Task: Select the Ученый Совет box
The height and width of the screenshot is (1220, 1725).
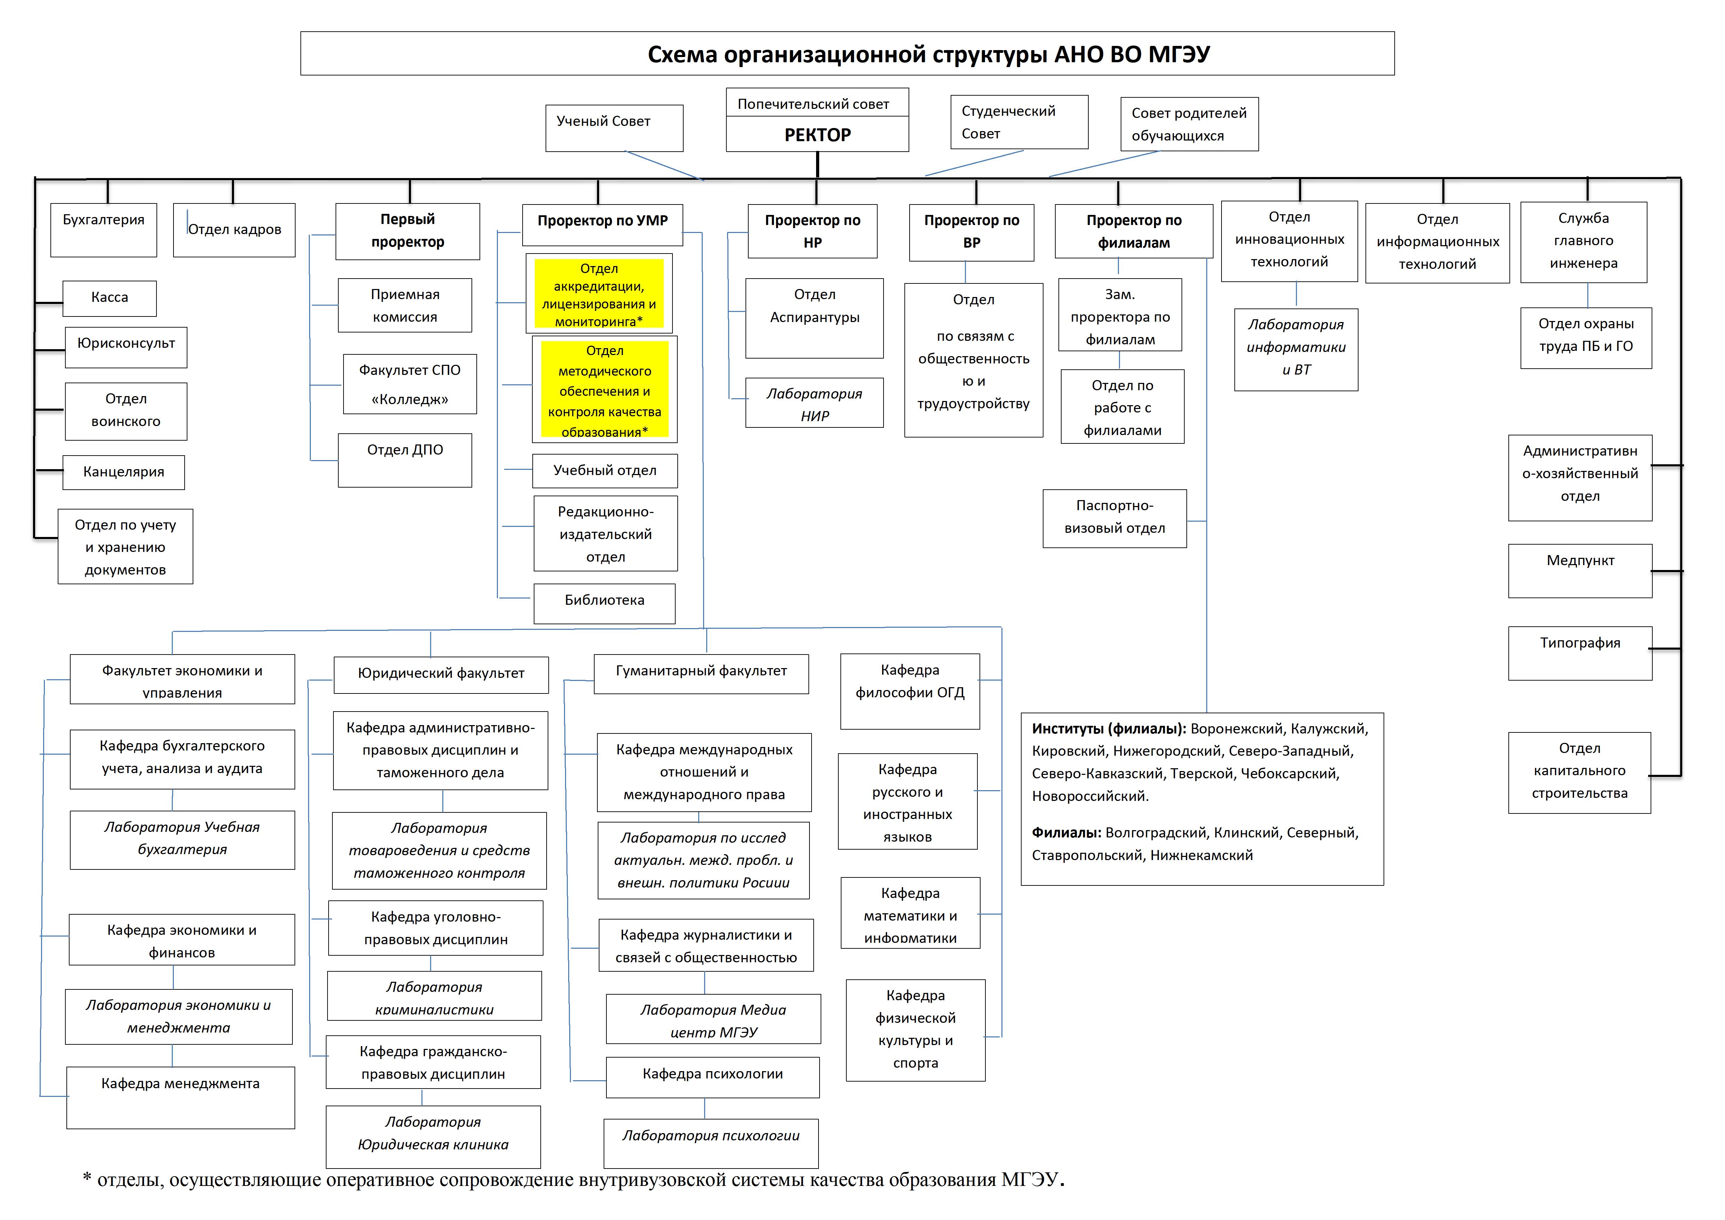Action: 614,128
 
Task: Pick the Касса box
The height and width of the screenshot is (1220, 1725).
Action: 110,298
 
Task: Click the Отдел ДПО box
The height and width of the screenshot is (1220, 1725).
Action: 405,460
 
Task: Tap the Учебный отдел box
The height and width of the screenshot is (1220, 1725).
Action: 605,471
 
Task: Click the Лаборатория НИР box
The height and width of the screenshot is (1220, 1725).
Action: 814,403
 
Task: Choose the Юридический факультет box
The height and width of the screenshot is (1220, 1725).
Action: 441,674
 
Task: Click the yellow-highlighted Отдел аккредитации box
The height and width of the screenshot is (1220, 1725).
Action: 599,295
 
